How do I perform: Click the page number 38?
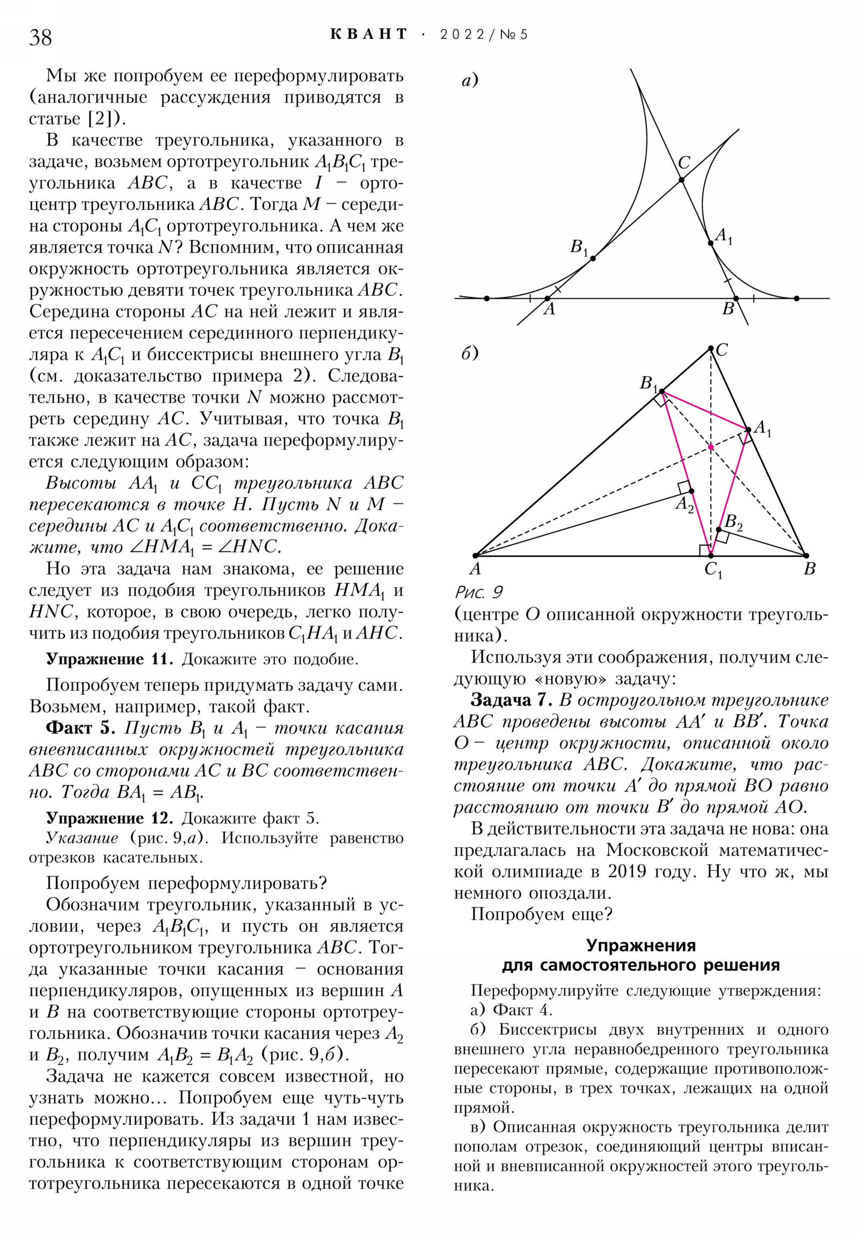point(40,37)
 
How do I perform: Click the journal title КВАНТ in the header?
point(368,34)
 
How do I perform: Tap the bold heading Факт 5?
point(81,728)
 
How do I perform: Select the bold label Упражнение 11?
point(109,659)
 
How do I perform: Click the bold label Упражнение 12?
point(109,818)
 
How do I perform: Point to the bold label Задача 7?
point(511,700)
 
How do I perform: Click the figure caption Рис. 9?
point(478,592)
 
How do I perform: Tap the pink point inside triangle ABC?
point(710,447)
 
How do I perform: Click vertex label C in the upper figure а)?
point(683,163)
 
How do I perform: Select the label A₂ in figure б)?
point(684,505)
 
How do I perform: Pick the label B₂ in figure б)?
point(733,522)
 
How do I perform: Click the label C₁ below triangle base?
point(713,570)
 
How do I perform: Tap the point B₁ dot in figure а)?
point(593,259)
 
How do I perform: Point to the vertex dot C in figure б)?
point(710,348)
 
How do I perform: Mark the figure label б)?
point(470,353)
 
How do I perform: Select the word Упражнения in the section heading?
point(640,945)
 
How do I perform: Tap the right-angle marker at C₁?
point(704,550)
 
